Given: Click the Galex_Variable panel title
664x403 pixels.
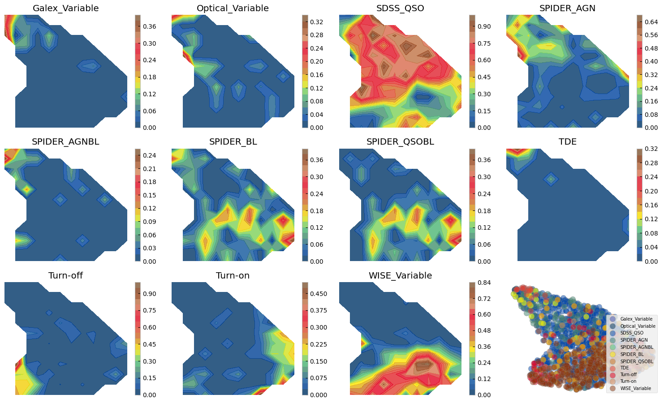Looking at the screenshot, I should click(65, 8).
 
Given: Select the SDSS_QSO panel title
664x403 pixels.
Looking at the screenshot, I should click(400, 8).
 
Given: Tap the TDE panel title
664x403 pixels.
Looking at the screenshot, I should click(567, 141).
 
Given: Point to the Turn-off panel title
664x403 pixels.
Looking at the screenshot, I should click(65, 275).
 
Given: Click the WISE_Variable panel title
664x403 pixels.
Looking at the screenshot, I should click(400, 275).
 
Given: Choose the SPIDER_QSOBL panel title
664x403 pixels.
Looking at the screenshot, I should click(400, 141).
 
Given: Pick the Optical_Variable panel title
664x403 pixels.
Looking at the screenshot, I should click(233, 8).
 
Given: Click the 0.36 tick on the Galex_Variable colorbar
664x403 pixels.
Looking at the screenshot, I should click(150, 26).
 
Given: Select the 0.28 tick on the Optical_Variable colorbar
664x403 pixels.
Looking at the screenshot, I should click(316, 35).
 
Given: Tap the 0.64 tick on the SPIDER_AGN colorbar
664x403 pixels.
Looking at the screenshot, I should click(651, 22).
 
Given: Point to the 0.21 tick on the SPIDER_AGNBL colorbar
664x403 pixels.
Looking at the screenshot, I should click(150, 169).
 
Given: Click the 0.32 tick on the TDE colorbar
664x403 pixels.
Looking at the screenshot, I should click(651, 149).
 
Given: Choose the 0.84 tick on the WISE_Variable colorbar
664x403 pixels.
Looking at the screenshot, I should click(484, 283).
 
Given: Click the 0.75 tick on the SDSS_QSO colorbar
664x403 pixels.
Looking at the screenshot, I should click(484, 43).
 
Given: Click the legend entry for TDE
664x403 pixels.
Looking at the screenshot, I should click(625, 368).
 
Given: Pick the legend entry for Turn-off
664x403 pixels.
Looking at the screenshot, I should click(628, 374).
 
